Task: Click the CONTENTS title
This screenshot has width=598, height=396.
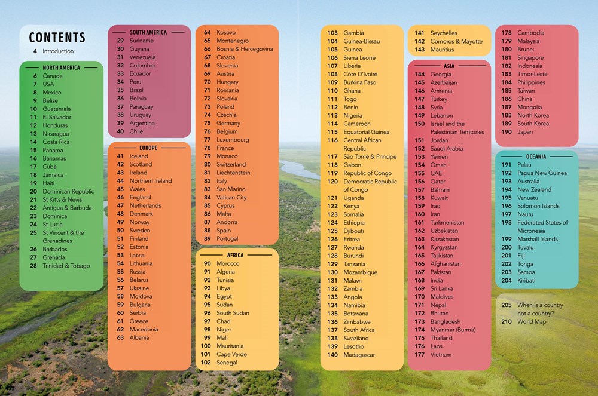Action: (x=57, y=38)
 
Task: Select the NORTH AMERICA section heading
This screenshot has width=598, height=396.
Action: (x=61, y=68)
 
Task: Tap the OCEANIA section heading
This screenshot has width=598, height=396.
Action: (x=536, y=156)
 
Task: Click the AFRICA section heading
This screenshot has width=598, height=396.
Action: (x=236, y=255)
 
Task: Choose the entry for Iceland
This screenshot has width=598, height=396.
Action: (x=139, y=156)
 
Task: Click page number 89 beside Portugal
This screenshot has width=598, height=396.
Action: (x=208, y=239)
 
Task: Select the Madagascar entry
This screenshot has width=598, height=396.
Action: (x=359, y=355)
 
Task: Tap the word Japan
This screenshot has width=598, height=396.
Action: (x=525, y=132)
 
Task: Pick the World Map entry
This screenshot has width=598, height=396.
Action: (x=532, y=322)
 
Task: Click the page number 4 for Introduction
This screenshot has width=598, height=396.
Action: (x=35, y=51)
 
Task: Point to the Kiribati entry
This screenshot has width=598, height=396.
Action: (x=526, y=281)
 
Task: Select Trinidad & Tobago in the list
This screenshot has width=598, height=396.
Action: (x=66, y=266)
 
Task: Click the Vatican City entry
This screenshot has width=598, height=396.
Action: (x=231, y=198)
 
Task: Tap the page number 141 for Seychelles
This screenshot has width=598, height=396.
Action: (x=420, y=33)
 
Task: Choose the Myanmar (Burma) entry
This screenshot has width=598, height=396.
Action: (x=453, y=330)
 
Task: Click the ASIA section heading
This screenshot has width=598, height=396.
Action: (x=449, y=66)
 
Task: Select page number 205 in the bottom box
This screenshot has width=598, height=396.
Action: (x=507, y=305)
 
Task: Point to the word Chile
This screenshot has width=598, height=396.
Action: (x=136, y=131)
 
